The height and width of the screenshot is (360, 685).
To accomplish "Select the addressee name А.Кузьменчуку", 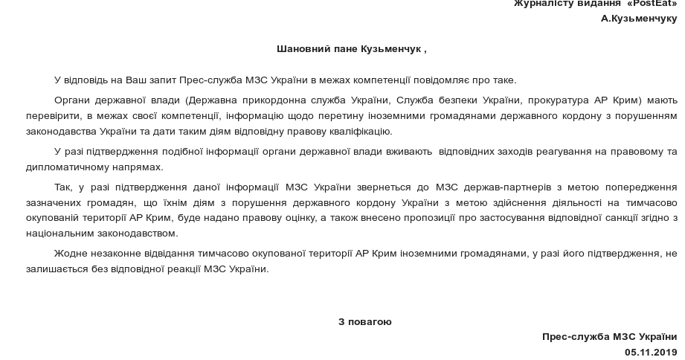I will (639, 18).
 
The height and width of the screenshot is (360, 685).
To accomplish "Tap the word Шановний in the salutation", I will (299, 49).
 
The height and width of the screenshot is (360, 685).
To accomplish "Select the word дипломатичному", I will (83, 167).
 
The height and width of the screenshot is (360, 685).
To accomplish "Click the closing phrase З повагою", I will (364, 322).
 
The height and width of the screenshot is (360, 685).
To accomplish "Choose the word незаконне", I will (120, 254).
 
